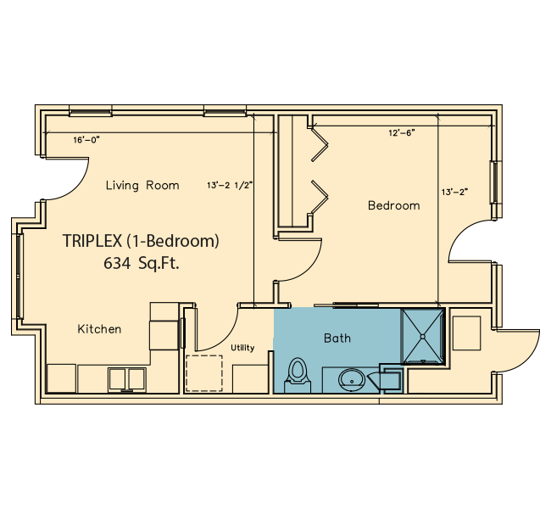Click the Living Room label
pyautogui.click(x=142, y=185)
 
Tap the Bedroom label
pyautogui.click(x=393, y=205)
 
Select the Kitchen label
pyautogui.click(x=99, y=329)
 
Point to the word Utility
pyautogui.click(x=242, y=348)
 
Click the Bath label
pyautogui.click(x=337, y=338)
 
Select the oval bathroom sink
pyautogui.click(x=352, y=380)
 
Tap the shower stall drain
pyautogui.click(x=423, y=337)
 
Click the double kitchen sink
pyautogui.click(x=126, y=379)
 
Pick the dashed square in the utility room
pyautogui.click(x=204, y=373)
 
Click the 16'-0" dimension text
pyautogui.click(x=86, y=140)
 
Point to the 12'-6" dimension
pyautogui.click(x=402, y=132)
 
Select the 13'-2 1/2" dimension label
pyautogui.click(x=230, y=185)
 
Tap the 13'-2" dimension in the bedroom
pyautogui.click(x=455, y=192)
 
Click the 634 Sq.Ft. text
pyautogui.click(x=142, y=263)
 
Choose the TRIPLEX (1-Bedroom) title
pyautogui.click(x=141, y=241)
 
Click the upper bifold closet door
pyautogui.click(x=320, y=144)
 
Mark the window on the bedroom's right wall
pyautogui.click(x=496, y=182)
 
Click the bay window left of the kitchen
pyautogui.click(x=19, y=276)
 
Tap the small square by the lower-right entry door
pyautogui.click(x=466, y=333)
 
